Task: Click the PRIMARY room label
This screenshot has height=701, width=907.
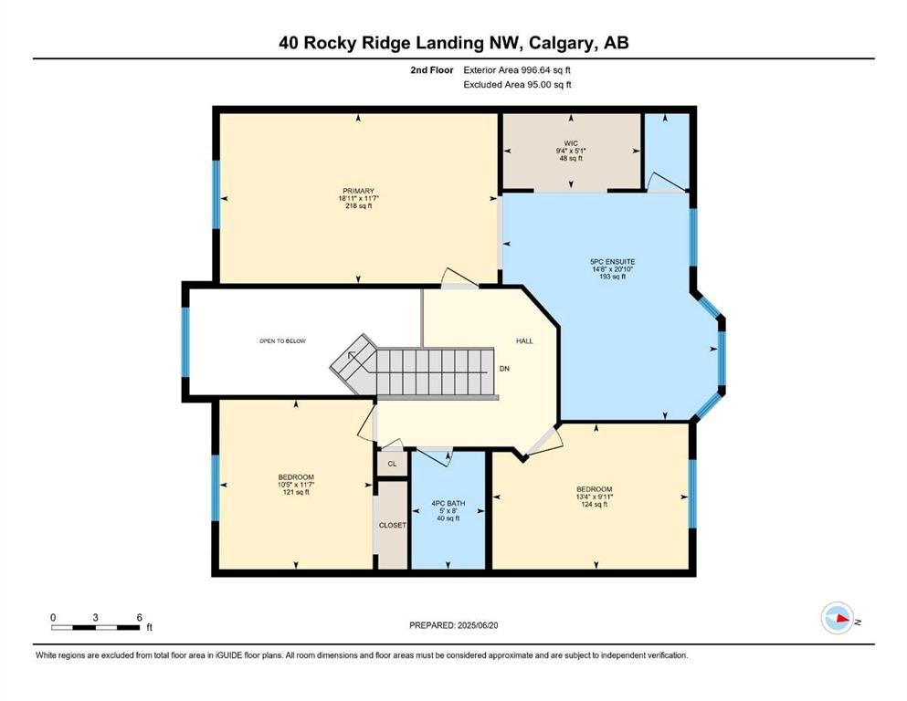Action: pos(359,191)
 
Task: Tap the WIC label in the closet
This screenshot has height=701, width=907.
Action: pos(571,143)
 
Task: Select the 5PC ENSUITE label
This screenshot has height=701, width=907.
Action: pos(613,262)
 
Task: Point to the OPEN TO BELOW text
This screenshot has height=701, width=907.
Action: pos(282,341)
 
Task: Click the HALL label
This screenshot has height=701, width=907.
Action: pos(524,341)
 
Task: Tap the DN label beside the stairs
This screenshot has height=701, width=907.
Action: pos(504,368)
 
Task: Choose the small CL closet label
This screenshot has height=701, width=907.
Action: pos(392,464)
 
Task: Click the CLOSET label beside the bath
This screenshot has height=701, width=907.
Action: pos(392,526)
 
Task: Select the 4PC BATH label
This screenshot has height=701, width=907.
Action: pos(448,503)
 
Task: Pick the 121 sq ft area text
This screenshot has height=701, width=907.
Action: pos(296,492)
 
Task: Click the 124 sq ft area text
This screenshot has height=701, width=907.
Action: pos(594,504)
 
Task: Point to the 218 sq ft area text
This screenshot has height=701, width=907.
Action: pos(359,205)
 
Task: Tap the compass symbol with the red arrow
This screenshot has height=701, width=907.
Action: pos(838,618)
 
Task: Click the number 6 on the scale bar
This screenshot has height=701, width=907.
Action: pos(140,617)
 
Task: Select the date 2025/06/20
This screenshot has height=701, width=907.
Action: pos(478,625)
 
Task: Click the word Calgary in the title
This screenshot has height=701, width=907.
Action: pos(563,43)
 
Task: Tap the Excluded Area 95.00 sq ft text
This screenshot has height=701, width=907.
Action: pos(518,84)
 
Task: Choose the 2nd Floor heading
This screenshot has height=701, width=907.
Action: pos(432,70)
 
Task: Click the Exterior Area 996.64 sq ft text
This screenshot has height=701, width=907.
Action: pos(517,70)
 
